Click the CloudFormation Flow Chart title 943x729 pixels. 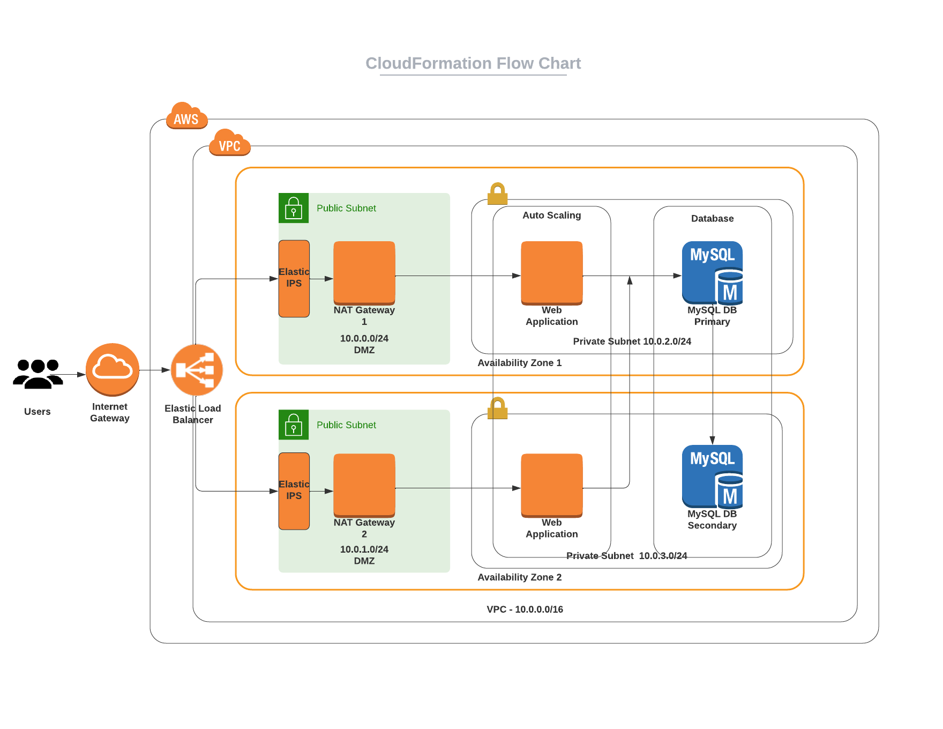[x=473, y=63]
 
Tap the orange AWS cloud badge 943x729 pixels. [x=186, y=116]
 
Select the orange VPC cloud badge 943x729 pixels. [x=229, y=143]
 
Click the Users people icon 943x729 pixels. [x=38, y=374]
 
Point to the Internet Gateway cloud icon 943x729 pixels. [x=113, y=369]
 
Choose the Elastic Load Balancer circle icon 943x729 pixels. [x=197, y=370]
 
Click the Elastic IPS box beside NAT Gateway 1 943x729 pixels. [x=294, y=278]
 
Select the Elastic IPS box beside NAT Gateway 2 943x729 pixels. [x=294, y=491]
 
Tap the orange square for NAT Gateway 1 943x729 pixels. [x=364, y=273]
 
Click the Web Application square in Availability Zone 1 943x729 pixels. [x=552, y=273]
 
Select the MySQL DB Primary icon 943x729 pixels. [x=712, y=273]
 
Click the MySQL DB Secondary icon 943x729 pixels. [x=712, y=477]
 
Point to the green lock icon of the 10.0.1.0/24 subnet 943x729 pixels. [x=294, y=425]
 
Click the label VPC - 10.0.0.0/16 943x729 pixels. [x=525, y=609]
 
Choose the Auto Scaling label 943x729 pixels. [x=552, y=215]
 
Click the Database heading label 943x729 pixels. [x=712, y=219]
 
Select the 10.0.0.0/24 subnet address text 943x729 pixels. [x=364, y=338]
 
